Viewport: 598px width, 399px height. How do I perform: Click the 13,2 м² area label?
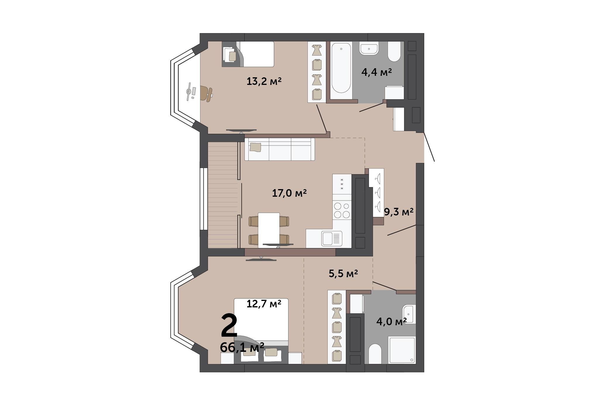[x=264, y=81]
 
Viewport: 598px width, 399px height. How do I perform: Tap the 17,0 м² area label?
[x=289, y=193]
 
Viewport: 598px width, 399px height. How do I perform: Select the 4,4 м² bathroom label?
[x=377, y=72]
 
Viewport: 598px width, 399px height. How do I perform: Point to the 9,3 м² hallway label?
[x=399, y=212]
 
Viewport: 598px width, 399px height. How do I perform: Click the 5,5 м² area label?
[x=343, y=273]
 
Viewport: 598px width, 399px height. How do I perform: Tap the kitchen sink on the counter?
[x=332, y=239]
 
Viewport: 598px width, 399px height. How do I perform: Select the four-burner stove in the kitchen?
[x=342, y=210]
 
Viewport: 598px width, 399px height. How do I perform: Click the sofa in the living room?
[x=280, y=149]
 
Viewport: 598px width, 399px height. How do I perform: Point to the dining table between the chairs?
[x=269, y=230]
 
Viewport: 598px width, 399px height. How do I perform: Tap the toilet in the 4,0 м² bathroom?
[x=375, y=354]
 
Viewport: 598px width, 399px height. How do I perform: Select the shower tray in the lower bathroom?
[x=401, y=350]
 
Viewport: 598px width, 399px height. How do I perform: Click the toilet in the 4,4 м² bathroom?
[x=394, y=52]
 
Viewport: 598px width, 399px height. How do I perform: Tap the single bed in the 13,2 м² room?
[x=248, y=54]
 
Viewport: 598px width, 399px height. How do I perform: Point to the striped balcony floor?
[x=223, y=195]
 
